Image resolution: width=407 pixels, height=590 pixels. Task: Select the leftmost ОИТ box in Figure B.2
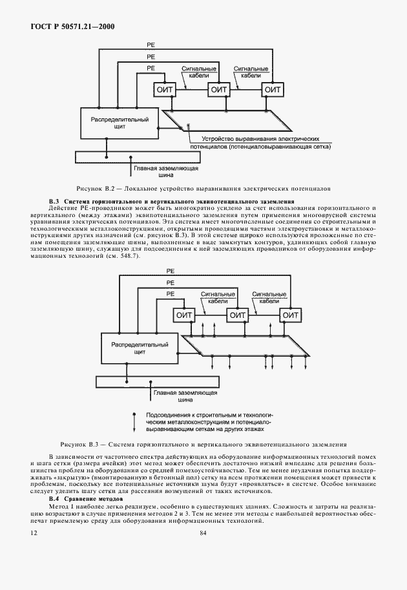click(165, 89)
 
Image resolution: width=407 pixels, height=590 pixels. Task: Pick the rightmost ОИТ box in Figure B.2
click(274, 89)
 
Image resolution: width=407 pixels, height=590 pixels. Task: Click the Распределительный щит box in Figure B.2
click(120, 123)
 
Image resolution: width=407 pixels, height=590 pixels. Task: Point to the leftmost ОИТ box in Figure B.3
click(184, 315)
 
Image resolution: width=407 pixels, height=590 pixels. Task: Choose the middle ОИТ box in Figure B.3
click(238, 315)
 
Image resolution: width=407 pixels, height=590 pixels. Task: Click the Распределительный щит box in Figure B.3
click(138, 350)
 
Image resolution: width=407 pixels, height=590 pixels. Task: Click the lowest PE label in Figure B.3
click(171, 293)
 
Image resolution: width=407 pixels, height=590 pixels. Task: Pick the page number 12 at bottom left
click(34, 533)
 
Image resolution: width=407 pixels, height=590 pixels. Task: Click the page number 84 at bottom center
click(203, 533)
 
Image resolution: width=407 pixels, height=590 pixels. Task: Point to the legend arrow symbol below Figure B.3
click(134, 421)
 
